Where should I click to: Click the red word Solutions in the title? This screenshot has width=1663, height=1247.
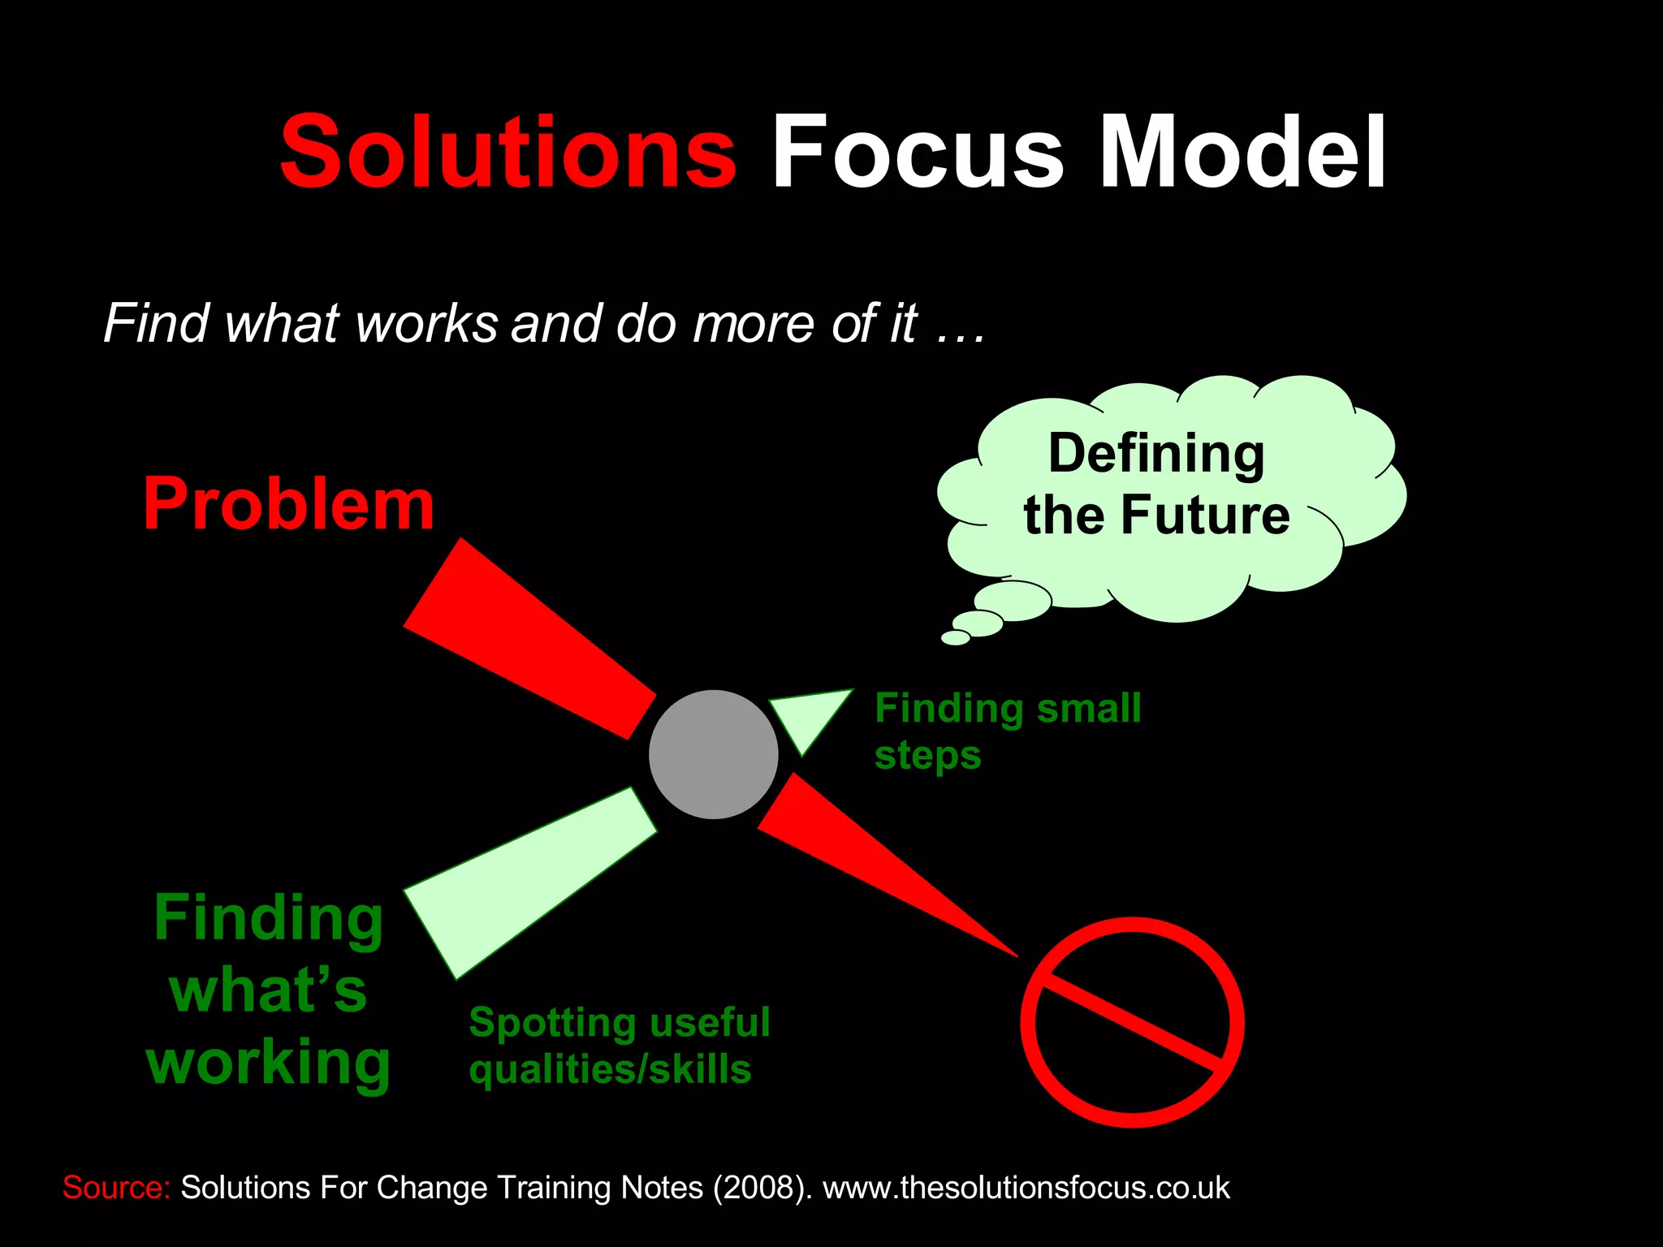[x=508, y=153]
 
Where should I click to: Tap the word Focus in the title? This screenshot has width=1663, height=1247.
[x=918, y=153]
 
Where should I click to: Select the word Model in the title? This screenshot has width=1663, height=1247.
[x=1242, y=153]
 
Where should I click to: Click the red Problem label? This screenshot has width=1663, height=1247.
[x=289, y=505]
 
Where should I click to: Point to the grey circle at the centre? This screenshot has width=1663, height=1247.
[x=713, y=754]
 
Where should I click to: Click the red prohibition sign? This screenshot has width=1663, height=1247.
[x=1132, y=1022]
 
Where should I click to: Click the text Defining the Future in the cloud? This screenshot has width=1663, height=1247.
[x=1156, y=484]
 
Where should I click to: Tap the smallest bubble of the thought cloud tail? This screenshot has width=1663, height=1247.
[x=956, y=638]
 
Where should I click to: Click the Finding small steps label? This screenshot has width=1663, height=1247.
[x=1007, y=731]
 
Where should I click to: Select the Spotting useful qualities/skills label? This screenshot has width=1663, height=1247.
[x=619, y=1046]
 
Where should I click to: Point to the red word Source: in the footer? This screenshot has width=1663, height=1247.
[x=116, y=1188]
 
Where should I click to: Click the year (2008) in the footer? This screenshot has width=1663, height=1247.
[x=762, y=1188]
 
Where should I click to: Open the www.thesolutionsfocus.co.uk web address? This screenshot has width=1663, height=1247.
[x=1026, y=1188]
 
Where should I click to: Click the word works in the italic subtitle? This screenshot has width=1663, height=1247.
[x=426, y=324]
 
